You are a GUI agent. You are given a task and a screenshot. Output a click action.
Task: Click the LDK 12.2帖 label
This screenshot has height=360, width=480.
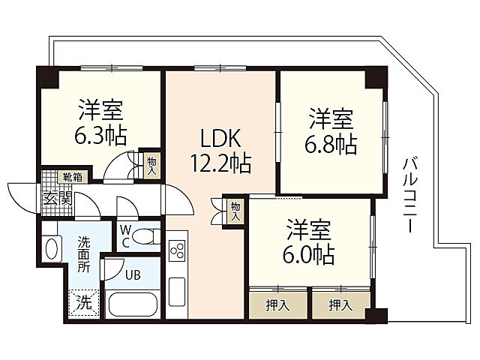[x=220, y=149]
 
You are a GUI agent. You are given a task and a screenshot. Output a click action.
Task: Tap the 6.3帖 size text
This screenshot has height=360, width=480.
[x=100, y=136]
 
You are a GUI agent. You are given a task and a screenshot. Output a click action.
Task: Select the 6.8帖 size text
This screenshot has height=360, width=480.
[x=331, y=142]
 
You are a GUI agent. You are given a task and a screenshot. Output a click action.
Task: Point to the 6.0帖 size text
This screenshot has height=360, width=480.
[x=309, y=255]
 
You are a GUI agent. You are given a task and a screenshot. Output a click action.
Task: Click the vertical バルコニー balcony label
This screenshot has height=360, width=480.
[x=409, y=194]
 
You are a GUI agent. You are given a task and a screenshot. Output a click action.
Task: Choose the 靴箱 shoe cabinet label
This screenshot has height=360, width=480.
[x=73, y=178]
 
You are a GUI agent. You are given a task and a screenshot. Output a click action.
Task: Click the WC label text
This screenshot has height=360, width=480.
[x=124, y=235]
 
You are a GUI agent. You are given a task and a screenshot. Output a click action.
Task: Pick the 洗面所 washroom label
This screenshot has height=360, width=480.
[x=84, y=253]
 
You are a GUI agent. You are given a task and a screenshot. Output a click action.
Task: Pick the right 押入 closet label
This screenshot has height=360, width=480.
[x=340, y=304]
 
